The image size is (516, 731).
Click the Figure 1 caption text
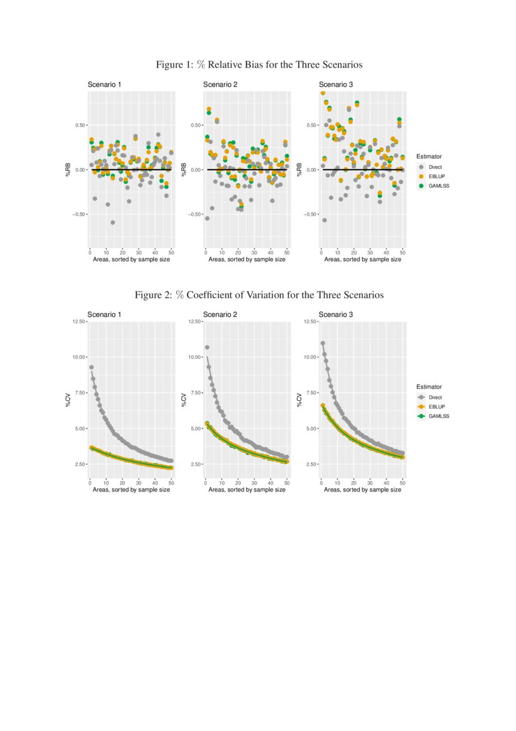(259, 65)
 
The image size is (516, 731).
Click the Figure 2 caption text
(259, 295)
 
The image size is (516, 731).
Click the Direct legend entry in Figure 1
(435, 167)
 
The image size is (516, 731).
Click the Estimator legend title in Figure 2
(429, 387)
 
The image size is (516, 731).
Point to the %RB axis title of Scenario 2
(184, 169)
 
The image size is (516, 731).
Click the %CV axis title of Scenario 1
(68, 400)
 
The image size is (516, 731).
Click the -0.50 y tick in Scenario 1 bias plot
(79, 214)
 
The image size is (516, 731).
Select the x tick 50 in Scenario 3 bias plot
(402, 253)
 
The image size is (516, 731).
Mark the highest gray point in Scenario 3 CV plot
(322, 343)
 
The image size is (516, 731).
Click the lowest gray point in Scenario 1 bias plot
(113, 223)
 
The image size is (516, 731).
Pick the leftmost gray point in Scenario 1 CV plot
(91, 367)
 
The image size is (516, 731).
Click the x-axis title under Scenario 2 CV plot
(247, 490)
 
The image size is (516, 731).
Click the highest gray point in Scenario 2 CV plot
(207, 348)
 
